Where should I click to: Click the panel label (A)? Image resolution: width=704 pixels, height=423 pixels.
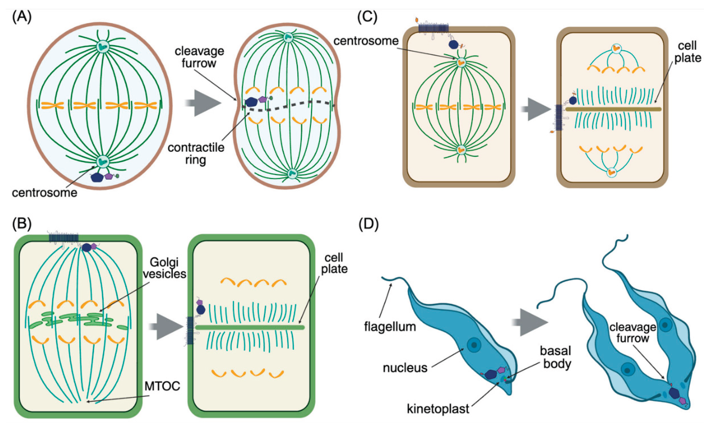(x=22, y=17)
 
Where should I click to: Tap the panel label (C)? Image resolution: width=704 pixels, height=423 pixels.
(x=367, y=17)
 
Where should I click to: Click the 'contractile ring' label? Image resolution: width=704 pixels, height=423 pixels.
(x=196, y=154)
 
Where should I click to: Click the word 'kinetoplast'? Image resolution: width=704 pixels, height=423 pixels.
(x=438, y=409)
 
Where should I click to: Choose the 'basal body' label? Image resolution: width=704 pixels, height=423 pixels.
(x=556, y=357)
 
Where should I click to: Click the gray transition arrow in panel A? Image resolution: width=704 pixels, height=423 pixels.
(x=203, y=103)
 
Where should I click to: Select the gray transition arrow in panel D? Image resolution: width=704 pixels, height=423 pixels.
(x=530, y=322)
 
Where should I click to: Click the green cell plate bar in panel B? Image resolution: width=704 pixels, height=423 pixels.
(x=250, y=328)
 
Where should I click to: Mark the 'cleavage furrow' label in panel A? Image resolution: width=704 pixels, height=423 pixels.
(x=200, y=57)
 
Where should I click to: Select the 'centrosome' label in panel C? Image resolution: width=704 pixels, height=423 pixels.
(x=366, y=41)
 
